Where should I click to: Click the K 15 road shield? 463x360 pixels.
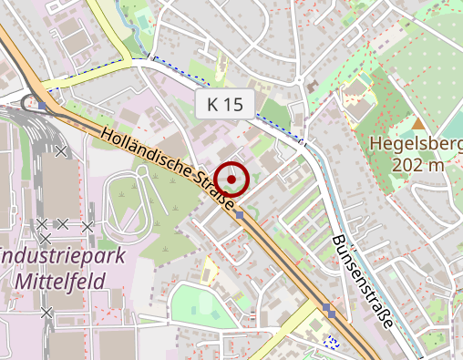pyautogui.click(x=225, y=104)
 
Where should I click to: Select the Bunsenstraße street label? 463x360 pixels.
pyautogui.click(x=363, y=282)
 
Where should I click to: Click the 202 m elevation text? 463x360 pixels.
pyautogui.click(x=417, y=165)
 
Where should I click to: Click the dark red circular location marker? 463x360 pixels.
pyautogui.click(x=232, y=180)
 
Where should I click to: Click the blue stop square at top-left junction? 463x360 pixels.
pyautogui.click(x=42, y=105)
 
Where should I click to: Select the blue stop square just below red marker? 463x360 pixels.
pyautogui.click(x=240, y=215)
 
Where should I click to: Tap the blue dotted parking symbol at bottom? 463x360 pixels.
pyautogui.click(x=332, y=343)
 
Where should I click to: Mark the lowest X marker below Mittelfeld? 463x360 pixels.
pyautogui.click(x=46, y=313)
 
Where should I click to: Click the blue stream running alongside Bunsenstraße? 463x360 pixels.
pyautogui.click(x=339, y=210)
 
